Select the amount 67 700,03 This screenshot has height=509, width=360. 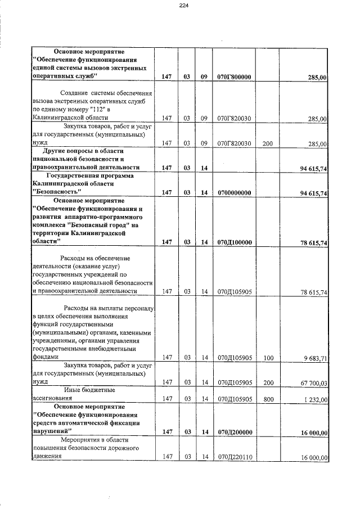click(x=313, y=382)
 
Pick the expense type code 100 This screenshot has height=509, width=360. click(x=268, y=357)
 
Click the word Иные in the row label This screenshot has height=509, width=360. click(x=73, y=390)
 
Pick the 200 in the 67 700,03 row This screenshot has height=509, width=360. click(x=268, y=382)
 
